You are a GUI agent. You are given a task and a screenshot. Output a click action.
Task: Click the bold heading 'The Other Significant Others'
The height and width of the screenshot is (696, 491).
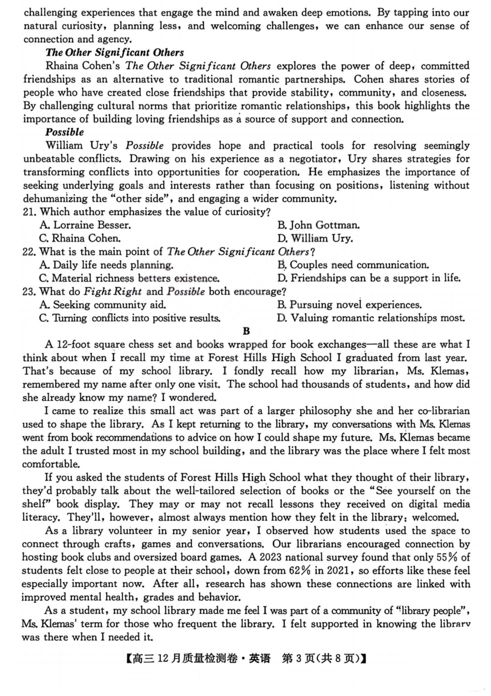[x=114, y=52]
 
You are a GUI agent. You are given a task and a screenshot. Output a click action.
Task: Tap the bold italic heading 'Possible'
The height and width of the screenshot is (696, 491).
[x=65, y=132]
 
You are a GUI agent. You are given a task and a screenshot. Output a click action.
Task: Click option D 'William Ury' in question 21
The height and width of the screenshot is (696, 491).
[x=315, y=239]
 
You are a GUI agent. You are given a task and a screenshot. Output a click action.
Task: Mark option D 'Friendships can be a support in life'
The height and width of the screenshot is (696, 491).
[x=368, y=278]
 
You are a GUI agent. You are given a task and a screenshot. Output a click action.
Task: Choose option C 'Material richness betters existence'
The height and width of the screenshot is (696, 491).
[x=129, y=278]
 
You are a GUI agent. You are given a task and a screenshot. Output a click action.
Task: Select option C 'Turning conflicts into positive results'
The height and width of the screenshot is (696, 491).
[x=130, y=318]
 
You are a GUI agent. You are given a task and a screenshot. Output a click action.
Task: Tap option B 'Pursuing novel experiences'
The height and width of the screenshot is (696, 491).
[x=349, y=305]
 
